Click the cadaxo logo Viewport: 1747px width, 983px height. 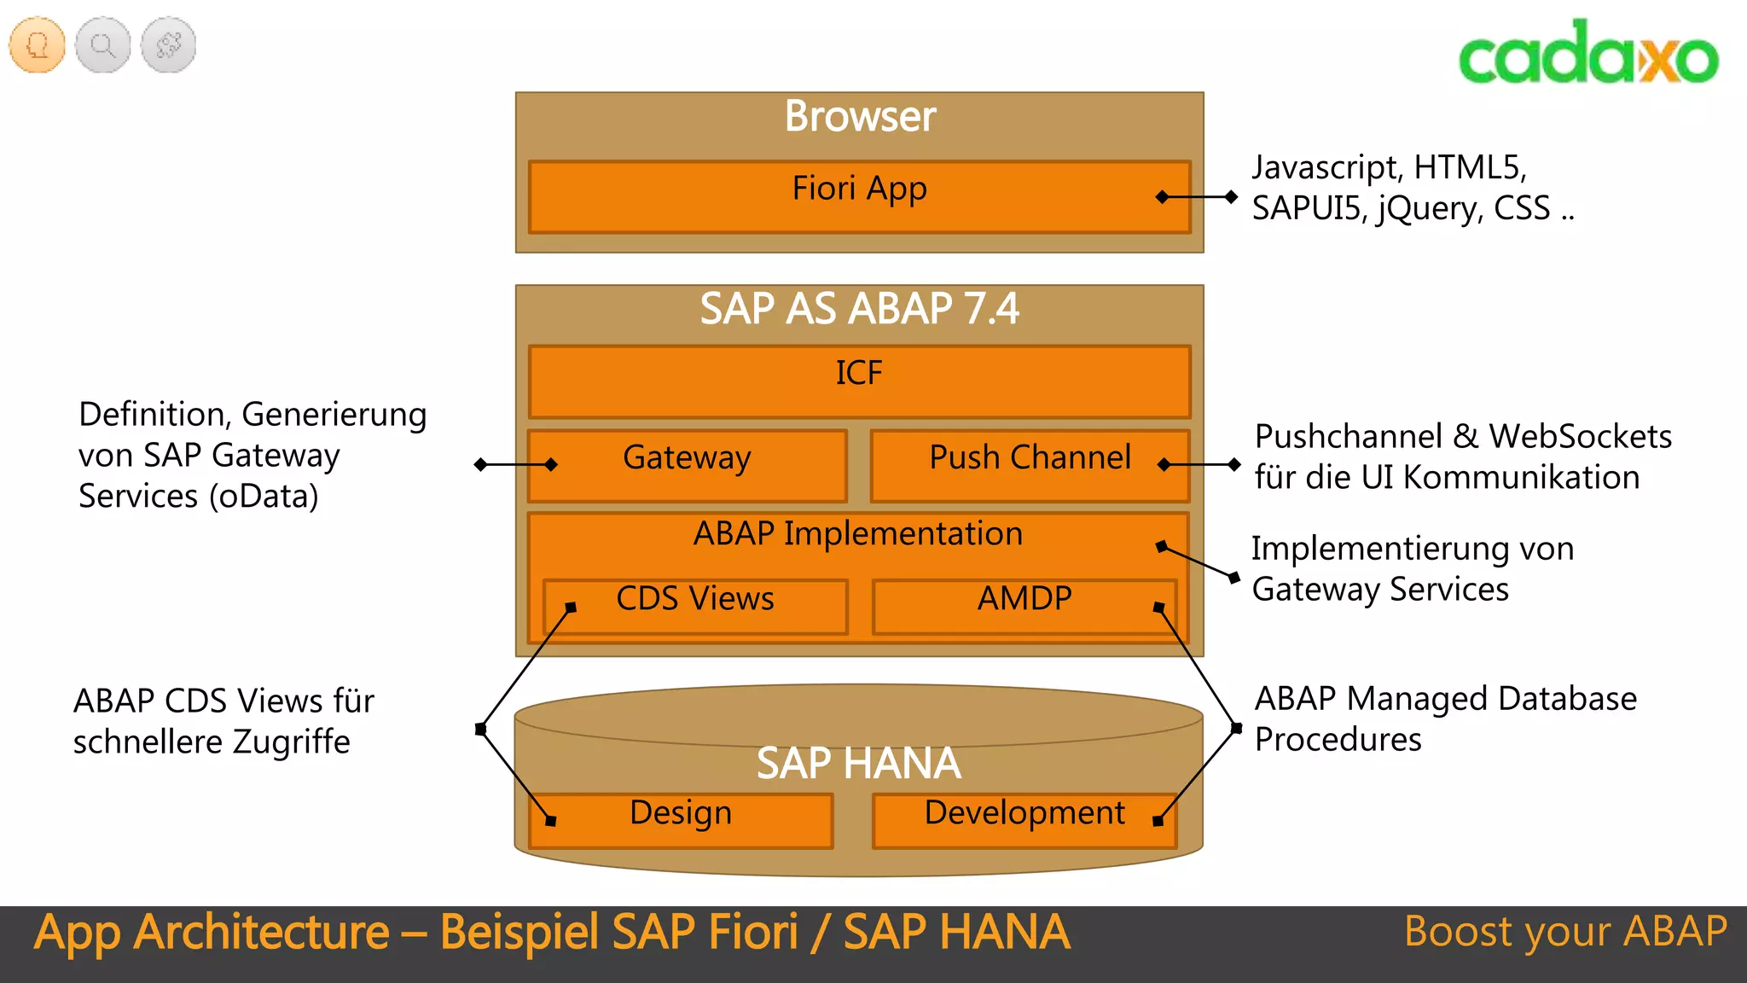point(1587,53)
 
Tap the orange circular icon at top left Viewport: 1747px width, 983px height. point(38,44)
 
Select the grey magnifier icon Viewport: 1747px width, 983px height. point(103,44)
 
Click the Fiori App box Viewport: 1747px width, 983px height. point(858,196)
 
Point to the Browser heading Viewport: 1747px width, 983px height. point(860,116)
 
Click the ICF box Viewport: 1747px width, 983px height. point(858,381)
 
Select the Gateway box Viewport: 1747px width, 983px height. point(687,465)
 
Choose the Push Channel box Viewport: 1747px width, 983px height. point(1030,465)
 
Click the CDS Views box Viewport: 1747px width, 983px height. point(695,606)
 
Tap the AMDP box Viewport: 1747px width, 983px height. point(1024,606)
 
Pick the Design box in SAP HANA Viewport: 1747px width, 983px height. point(681,819)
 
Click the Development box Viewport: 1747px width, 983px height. point(1024,819)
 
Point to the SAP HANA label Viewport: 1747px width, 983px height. point(858,763)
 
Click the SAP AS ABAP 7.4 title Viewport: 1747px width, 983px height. point(859,309)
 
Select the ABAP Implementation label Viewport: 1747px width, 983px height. point(857,534)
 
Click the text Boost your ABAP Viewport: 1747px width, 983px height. point(1565,932)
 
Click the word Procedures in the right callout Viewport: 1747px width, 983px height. point(1338,740)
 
